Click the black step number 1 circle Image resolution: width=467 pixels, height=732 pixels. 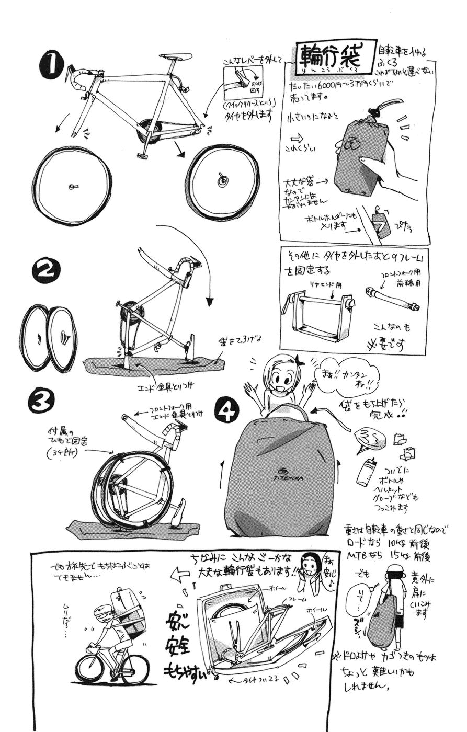click(x=52, y=67)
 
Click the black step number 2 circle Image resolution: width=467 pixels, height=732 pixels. click(x=46, y=271)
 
